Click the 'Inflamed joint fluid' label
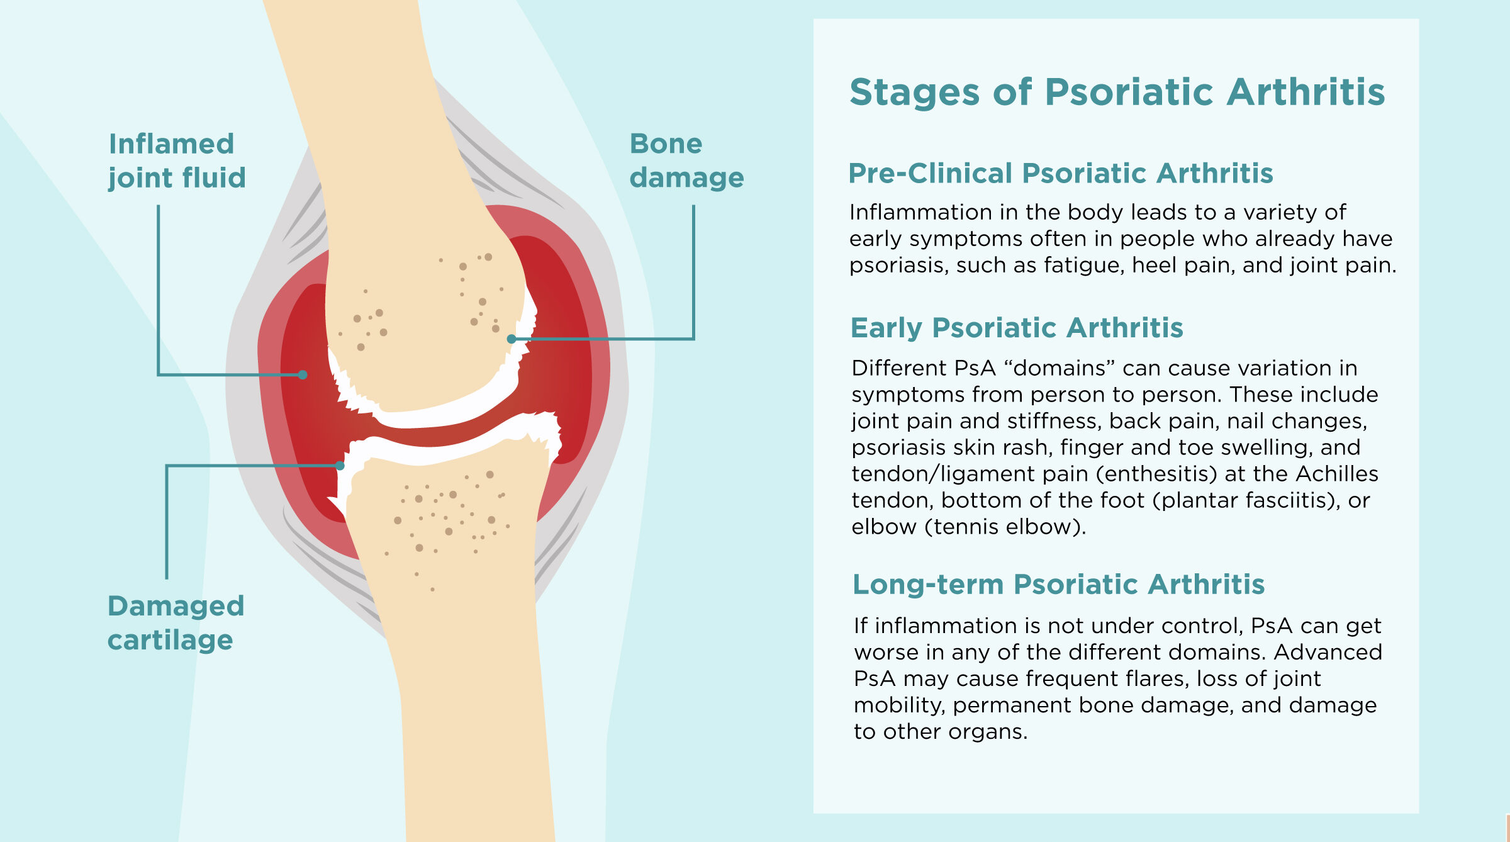click(x=177, y=161)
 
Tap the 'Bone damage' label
click(x=686, y=161)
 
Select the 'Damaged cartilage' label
click(x=176, y=623)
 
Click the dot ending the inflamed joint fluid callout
click(x=303, y=374)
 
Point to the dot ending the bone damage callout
click(x=512, y=339)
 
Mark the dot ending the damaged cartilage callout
click(x=340, y=466)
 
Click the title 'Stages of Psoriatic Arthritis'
click(x=1117, y=92)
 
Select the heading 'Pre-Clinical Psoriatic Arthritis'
click(x=1061, y=173)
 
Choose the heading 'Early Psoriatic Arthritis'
click(x=1017, y=328)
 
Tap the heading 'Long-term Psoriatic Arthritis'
click(x=1058, y=584)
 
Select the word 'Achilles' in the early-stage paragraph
click(x=1337, y=473)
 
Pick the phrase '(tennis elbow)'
click(x=1005, y=526)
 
